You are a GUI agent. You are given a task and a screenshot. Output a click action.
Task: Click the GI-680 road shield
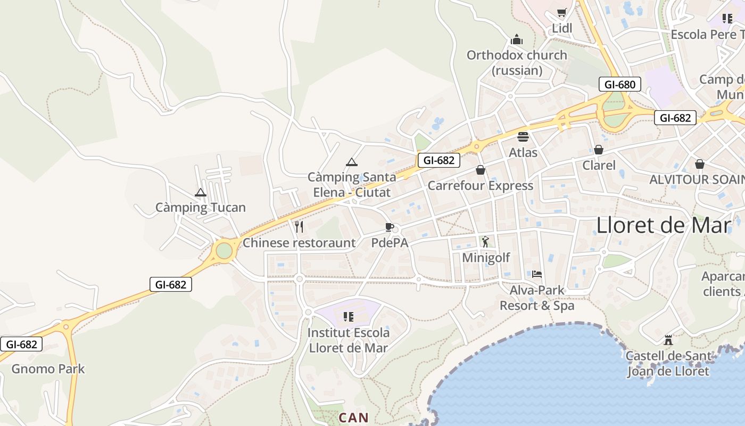click(619, 84)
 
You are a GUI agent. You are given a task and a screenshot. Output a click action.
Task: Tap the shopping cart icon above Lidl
click(561, 12)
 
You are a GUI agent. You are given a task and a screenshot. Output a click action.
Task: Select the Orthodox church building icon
click(516, 39)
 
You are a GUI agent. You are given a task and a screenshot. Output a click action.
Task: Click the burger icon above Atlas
click(523, 137)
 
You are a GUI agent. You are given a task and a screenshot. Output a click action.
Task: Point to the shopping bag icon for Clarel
click(599, 150)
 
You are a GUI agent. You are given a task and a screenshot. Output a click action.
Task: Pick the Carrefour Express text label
click(480, 185)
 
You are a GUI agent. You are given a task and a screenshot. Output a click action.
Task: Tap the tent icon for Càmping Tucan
click(201, 192)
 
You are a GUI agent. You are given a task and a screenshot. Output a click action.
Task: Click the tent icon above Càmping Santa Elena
click(351, 162)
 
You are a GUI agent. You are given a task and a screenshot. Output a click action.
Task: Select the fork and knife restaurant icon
click(299, 227)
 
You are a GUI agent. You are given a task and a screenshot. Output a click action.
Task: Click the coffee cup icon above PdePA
click(390, 227)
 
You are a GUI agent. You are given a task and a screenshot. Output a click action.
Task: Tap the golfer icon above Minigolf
click(485, 242)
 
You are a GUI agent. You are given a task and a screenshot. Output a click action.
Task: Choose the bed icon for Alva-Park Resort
click(537, 274)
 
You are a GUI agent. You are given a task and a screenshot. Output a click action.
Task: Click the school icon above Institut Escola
click(349, 317)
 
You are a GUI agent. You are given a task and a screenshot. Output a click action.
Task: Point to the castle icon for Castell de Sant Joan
click(668, 340)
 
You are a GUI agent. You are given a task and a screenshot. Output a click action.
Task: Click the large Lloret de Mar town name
click(664, 225)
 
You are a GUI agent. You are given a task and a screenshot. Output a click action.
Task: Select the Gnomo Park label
click(48, 368)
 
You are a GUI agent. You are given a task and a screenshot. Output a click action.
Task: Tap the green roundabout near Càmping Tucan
click(224, 250)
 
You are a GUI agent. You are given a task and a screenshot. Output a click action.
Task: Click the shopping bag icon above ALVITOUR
click(699, 164)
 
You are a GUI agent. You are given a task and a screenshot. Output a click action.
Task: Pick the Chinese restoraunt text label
click(299, 243)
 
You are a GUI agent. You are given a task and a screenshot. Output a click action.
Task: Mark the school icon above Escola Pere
click(727, 19)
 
